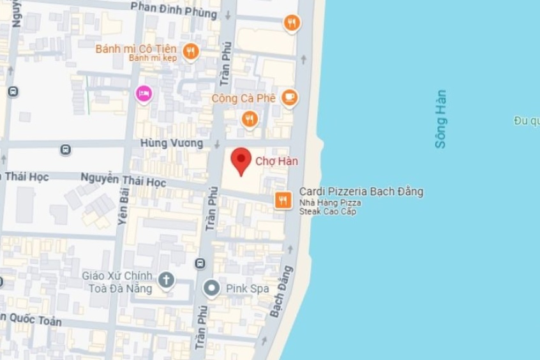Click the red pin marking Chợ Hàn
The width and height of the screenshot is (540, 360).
[x=241, y=160]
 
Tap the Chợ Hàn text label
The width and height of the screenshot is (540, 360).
[x=276, y=161]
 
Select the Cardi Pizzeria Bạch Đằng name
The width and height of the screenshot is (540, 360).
[x=361, y=191]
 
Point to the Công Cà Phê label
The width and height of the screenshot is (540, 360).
[x=244, y=98]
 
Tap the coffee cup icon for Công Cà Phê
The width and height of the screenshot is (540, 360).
[x=290, y=98]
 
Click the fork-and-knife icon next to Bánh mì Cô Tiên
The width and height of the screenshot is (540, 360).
[x=190, y=51]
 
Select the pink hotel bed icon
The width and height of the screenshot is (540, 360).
[x=144, y=94]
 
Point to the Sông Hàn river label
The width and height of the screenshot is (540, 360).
[x=440, y=119]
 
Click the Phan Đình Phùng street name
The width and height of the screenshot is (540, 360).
[x=174, y=10]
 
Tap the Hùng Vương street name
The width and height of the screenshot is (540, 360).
[x=172, y=144]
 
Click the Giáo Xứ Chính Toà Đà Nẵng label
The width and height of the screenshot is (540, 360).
[x=117, y=282]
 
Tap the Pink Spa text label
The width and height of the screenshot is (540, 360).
[x=247, y=289]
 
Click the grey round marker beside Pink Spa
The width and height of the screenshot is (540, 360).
[x=211, y=289]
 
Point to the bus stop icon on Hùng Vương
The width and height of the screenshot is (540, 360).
[x=65, y=150]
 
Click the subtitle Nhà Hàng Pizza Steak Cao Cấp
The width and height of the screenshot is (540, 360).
[x=330, y=207]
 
